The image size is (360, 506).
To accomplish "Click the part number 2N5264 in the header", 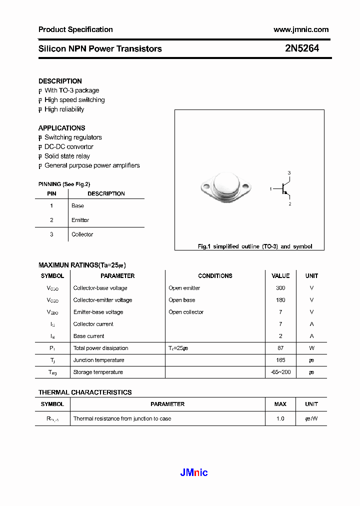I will pos(301,48).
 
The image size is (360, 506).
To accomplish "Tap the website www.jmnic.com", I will pos(301,29).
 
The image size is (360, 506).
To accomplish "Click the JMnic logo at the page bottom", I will pos(193,472).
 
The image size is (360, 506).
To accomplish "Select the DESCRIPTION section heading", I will pos(60,81).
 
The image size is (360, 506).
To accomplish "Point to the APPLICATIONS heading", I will pos(61,128).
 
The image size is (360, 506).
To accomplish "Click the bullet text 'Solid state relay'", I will pos(67,156).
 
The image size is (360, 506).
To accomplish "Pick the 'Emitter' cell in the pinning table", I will pos(80,220).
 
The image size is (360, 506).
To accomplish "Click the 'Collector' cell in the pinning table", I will pos(82,234).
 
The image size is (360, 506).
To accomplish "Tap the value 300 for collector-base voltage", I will pos(280,288).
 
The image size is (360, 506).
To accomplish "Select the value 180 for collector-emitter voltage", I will pos(280,300).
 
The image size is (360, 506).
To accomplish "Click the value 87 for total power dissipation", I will pos(280,348).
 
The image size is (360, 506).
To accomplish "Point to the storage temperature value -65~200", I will pos(280,372).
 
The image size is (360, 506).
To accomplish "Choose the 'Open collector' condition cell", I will pos(186,312).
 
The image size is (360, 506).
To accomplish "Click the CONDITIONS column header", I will pos(215,276).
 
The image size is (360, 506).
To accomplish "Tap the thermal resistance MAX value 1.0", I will pos(280,418).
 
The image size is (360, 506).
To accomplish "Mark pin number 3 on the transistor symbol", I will pos(289,172).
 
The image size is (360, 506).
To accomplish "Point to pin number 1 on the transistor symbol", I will pos(270,189).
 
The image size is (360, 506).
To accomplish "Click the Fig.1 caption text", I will pos(254,246).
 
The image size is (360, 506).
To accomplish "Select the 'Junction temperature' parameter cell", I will pos(98,360).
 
